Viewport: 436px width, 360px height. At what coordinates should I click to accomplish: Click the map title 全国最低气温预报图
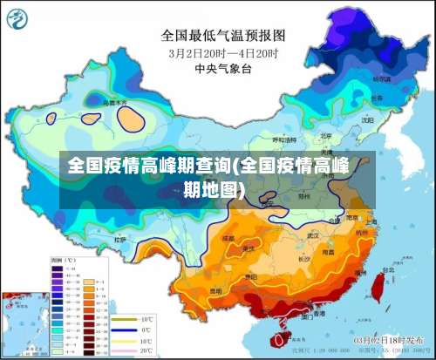click(223, 36)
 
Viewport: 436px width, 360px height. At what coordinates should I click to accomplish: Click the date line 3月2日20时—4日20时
click(223, 53)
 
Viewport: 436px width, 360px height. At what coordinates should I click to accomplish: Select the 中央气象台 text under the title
click(223, 68)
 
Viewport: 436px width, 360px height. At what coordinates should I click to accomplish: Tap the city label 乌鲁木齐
click(114, 103)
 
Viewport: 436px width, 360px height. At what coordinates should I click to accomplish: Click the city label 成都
click(228, 236)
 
